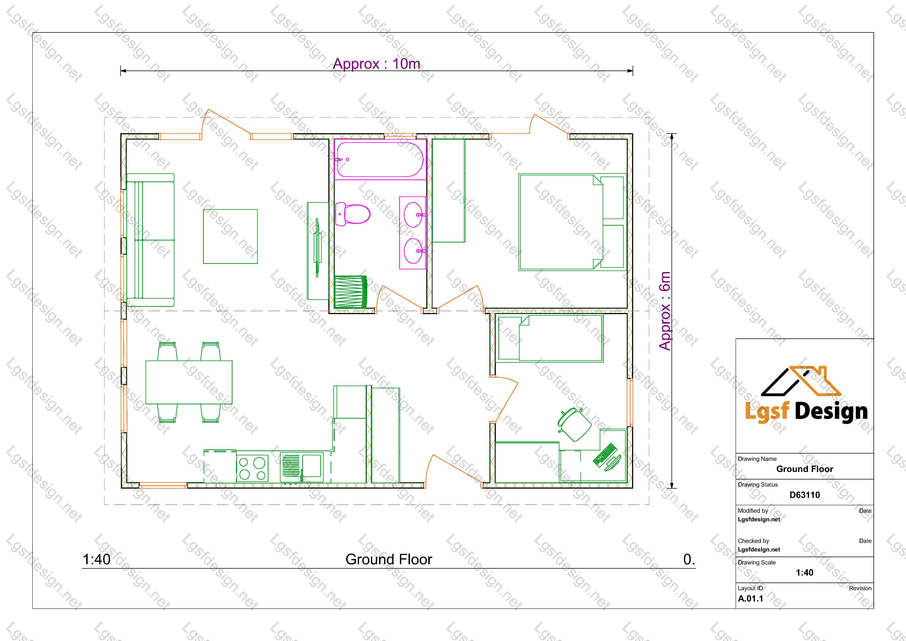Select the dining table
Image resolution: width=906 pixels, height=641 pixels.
[189, 382]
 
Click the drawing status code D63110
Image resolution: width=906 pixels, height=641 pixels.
[805, 495]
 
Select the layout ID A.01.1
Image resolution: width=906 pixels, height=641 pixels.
[751, 598]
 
